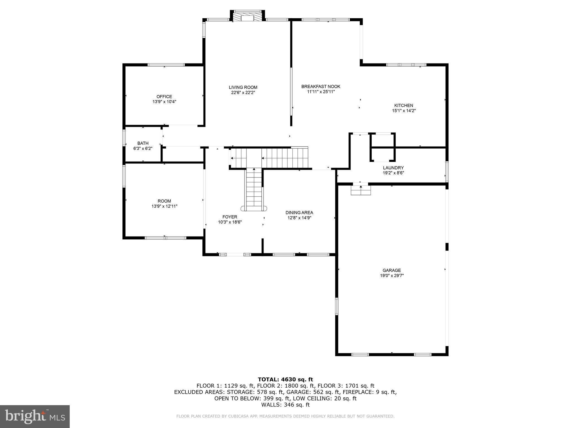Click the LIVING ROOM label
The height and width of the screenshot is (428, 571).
(243, 87)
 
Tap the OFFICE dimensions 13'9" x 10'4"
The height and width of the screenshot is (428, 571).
(164, 102)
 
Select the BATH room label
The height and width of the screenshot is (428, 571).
(143, 143)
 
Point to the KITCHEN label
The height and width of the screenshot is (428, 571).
(403, 105)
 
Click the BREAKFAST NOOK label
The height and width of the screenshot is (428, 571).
(321, 86)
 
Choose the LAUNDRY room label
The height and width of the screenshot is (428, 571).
(393, 168)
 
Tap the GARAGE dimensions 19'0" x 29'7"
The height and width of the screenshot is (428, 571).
(391, 276)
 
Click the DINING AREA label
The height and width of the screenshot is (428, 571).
(299, 212)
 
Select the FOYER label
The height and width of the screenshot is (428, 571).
(230, 217)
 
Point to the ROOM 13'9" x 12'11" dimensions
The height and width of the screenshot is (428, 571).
(164, 206)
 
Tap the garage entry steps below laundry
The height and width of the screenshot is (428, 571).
(361, 190)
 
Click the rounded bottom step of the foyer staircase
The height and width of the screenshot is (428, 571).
(254, 208)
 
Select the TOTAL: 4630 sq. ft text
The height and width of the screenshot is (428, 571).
(285, 379)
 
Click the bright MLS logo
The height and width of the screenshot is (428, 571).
(35, 416)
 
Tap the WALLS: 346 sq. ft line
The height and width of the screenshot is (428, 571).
(285, 405)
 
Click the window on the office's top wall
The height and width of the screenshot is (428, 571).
(166, 65)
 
